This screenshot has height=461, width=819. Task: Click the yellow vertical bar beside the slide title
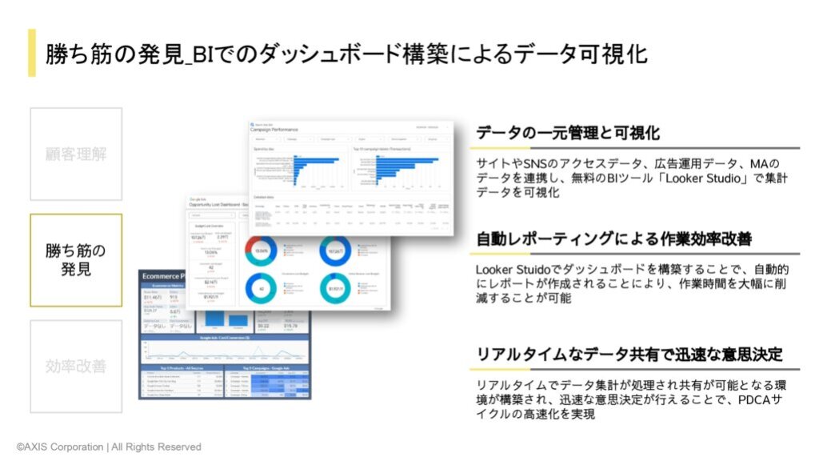31,53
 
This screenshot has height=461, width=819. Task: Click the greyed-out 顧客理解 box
76,154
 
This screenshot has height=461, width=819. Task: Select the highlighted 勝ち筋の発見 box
76,260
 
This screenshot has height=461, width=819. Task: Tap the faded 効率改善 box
76,366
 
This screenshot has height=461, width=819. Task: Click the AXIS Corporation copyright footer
109,447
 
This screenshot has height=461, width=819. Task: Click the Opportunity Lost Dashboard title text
216,205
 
